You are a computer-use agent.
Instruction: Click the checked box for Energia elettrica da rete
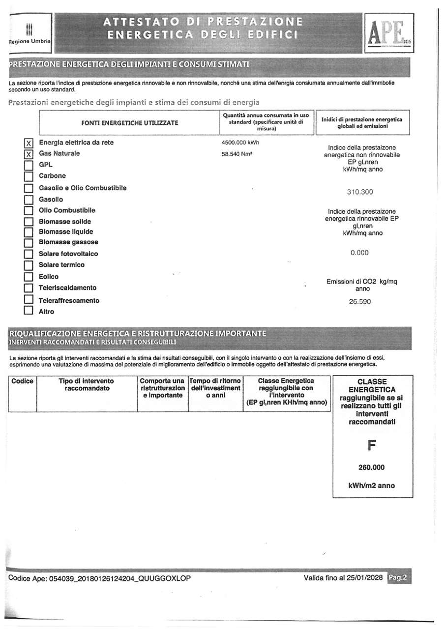(x=29, y=143)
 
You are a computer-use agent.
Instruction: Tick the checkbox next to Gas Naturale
(x=29, y=154)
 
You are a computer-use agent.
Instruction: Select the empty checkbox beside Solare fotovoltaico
(x=29, y=254)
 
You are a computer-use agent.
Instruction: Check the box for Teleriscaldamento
(x=29, y=288)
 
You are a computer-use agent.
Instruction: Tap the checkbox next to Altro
(x=29, y=311)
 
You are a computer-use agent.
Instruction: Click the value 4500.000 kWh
(x=241, y=143)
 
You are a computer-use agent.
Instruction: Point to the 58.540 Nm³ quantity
(x=238, y=154)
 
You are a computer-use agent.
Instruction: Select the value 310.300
(x=359, y=192)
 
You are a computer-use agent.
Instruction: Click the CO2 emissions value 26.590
(x=359, y=302)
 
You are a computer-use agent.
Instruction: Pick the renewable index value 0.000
(x=359, y=253)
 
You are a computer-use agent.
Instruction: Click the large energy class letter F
(x=372, y=446)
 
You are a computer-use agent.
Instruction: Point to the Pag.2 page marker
(x=398, y=578)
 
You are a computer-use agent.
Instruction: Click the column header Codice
(x=22, y=381)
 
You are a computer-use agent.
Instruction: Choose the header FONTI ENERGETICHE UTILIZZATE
(x=130, y=122)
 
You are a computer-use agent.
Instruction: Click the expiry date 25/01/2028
(x=363, y=578)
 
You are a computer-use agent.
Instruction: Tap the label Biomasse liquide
(x=66, y=231)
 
